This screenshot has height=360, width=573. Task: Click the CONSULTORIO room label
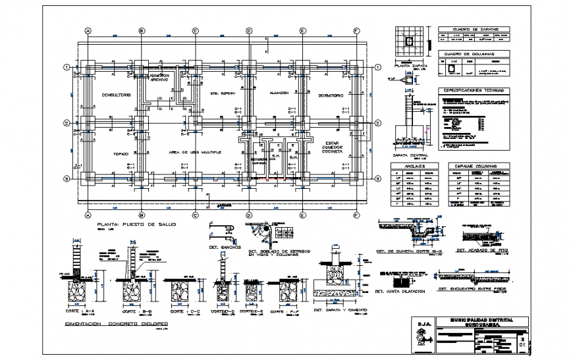coord(116,95)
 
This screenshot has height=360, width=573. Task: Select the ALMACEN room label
coord(279,93)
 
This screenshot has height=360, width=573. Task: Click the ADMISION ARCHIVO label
coord(159,77)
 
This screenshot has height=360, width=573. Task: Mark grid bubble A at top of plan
coord(88,30)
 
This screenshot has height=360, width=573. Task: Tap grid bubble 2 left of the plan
coord(67,123)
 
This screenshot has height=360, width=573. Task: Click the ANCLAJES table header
coord(414,166)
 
